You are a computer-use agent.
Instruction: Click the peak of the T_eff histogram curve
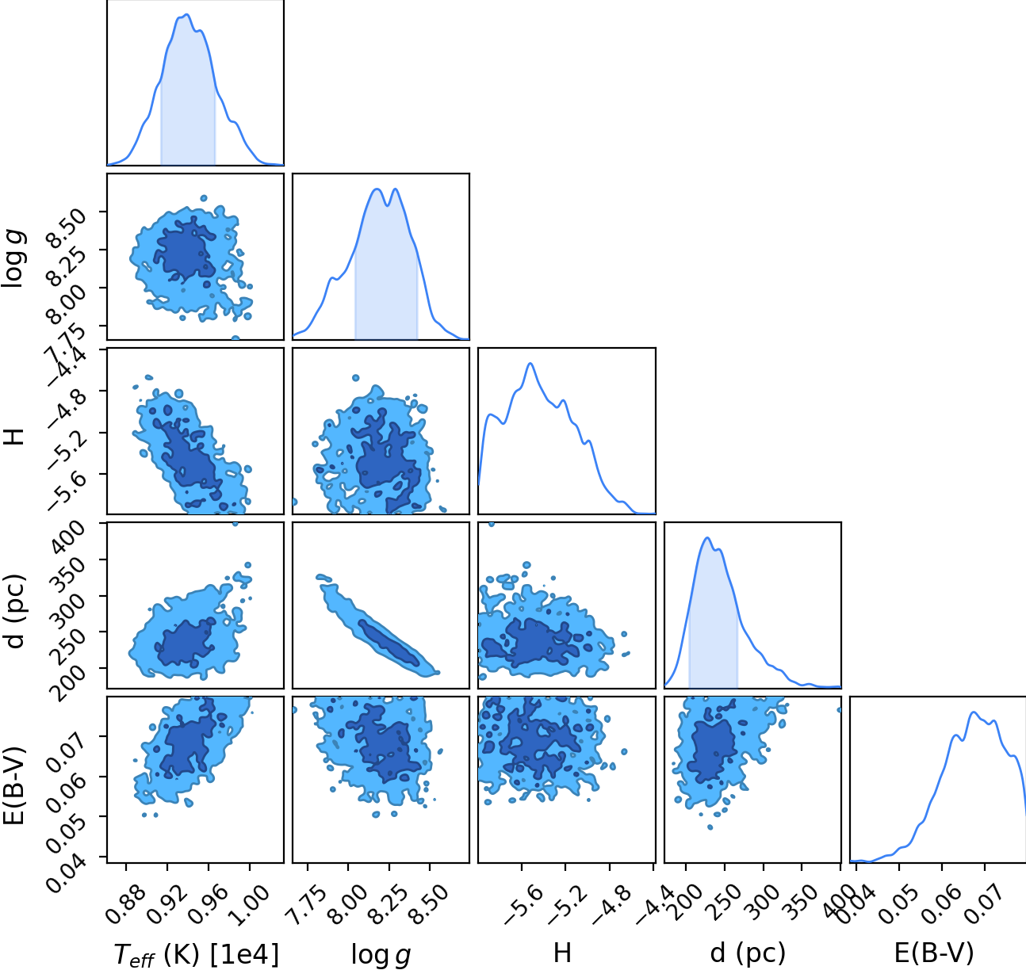(x=187, y=14)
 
